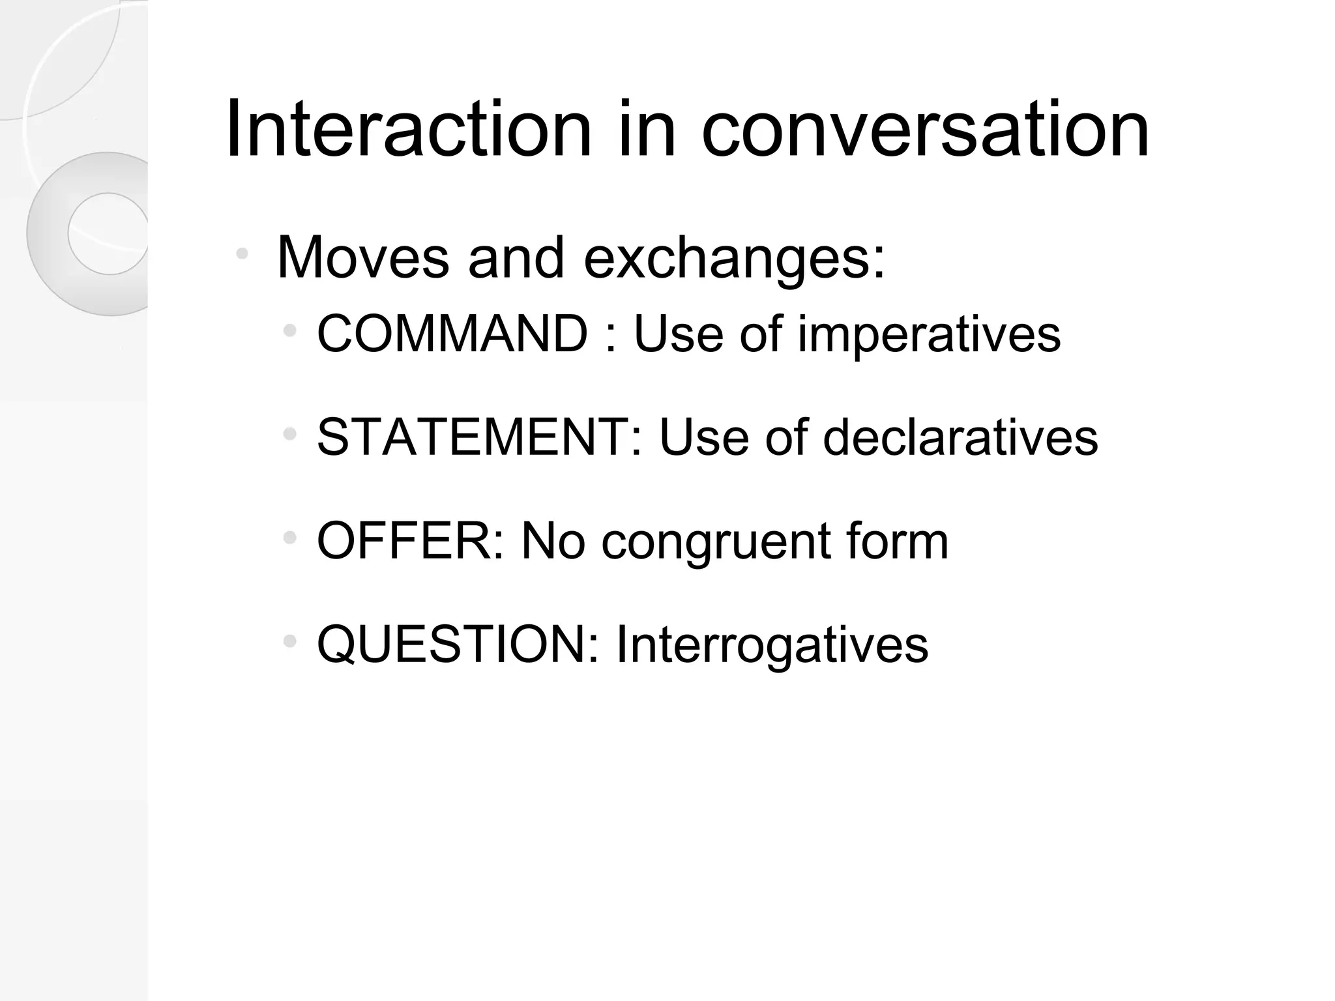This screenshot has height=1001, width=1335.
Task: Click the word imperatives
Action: tap(929, 334)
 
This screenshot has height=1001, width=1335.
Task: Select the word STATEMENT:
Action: tap(480, 437)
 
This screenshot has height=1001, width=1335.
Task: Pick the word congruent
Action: tap(716, 541)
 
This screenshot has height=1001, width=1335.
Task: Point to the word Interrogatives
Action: tap(772, 645)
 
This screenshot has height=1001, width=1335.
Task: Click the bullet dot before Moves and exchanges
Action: tap(242, 253)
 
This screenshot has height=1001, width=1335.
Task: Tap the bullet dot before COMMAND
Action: tap(290, 331)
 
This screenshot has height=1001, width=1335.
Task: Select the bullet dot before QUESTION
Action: tap(290, 642)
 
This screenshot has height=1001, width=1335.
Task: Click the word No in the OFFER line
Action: tap(553, 541)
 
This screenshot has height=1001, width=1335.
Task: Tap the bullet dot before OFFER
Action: tap(290, 538)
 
